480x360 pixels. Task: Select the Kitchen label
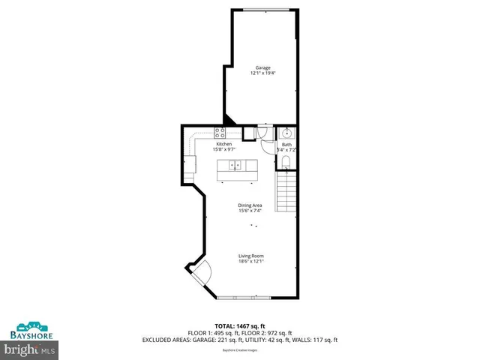click(224, 143)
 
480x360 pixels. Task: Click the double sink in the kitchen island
click(235, 165)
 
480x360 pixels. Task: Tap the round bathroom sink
click(286, 133)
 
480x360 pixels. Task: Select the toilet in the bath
click(286, 161)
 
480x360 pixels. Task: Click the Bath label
click(287, 144)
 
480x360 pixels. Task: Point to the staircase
click(287, 191)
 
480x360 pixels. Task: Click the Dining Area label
click(250, 205)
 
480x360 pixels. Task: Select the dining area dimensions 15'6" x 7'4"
click(250, 211)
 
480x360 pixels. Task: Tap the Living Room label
click(251, 256)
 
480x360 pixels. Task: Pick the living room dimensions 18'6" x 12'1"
click(251, 261)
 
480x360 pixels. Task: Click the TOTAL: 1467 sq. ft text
click(240, 326)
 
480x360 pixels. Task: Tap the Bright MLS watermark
click(30, 349)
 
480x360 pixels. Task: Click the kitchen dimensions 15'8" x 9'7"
click(224, 148)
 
